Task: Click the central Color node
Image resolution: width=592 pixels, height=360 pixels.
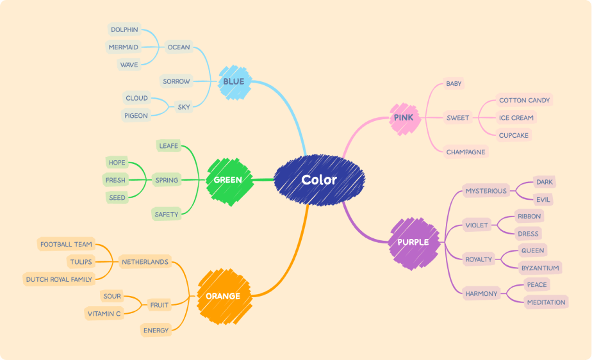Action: coord(319,180)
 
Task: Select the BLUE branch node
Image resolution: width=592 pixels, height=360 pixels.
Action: coord(234,82)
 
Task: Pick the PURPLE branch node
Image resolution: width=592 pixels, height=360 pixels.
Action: coord(414,243)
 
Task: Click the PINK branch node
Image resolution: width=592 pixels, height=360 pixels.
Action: coord(405,119)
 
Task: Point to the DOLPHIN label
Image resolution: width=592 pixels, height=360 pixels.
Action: coord(124,29)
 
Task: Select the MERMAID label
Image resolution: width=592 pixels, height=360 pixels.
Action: coord(123,47)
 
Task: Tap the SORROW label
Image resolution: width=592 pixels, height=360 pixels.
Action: coord(176,81)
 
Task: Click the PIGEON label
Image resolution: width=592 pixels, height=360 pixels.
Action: coord(136,116)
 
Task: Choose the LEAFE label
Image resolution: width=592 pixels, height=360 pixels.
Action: coord(169,146)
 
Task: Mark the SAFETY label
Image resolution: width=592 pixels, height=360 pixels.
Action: coord(166,215)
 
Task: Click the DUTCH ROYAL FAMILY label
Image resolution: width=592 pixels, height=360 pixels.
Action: coord(59,280)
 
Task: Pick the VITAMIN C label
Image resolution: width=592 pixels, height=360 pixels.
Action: coord(104,314)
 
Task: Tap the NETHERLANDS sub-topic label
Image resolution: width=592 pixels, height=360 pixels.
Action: coord(145,262)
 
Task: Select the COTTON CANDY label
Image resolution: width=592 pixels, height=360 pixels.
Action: coord(525,101)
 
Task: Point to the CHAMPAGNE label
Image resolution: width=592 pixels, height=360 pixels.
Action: coord(466,152)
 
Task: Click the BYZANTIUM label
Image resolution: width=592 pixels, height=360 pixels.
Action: coord(540,268)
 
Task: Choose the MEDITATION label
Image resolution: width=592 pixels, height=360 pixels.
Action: coord(546,302)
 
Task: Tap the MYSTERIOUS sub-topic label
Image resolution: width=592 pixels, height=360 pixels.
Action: coord(486,191)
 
